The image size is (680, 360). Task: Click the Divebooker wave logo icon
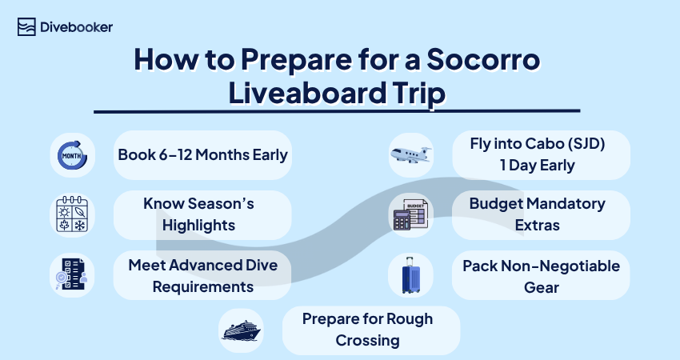click(x=26, y=27)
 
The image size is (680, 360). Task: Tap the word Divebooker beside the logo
click(x=76, y=27)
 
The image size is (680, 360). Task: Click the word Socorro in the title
click(x=483, y=59)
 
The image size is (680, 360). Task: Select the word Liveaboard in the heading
click(x=307, y=92)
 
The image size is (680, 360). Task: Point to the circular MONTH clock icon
click(x=73, y=155)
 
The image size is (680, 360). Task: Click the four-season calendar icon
click(x=72, y=214)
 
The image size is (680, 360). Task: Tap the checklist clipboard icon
click(x=72, y=274)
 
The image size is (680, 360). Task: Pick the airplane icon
click(x=410, y=155)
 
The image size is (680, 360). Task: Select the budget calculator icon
click(x=410, y=214)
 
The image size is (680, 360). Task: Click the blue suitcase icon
click(x=410, y=275)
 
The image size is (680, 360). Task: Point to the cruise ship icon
click(x=241, y=330)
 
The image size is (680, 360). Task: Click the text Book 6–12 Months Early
click(x=203, y=155)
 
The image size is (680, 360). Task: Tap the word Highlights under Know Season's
click(x=198, y=226)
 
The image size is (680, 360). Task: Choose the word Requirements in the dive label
click(x=203, y=287)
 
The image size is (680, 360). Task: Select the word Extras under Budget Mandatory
click(x=538, y=226)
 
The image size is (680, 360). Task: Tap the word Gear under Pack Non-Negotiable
click(x=542, y=287)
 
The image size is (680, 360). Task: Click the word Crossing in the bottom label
click(x=367, y=341)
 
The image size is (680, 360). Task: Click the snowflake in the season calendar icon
click(x=80, y=225)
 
